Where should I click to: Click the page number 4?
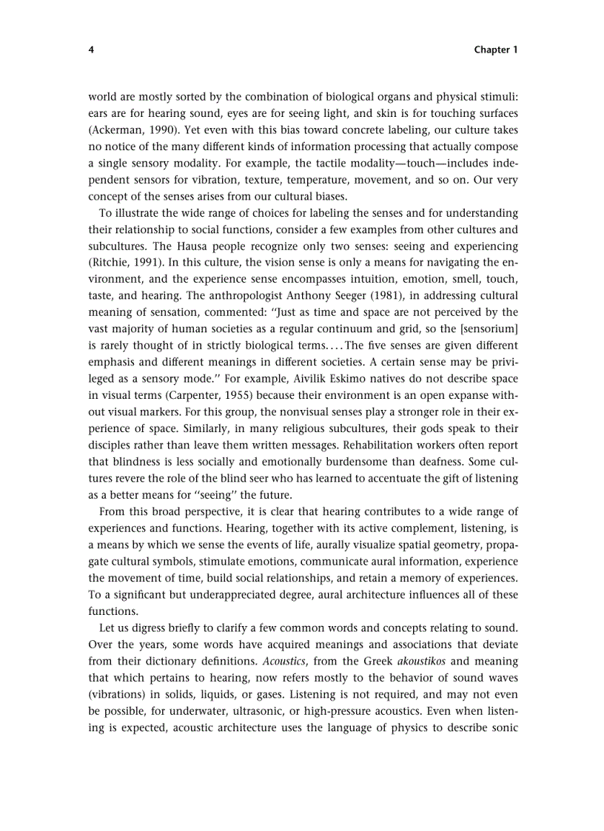91,50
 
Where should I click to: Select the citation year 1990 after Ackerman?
167,129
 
